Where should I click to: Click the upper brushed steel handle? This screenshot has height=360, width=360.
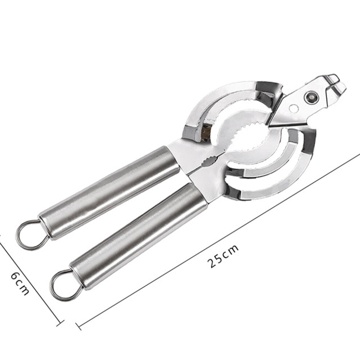pos(108,192)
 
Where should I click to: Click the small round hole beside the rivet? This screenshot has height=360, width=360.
pos(294,109)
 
